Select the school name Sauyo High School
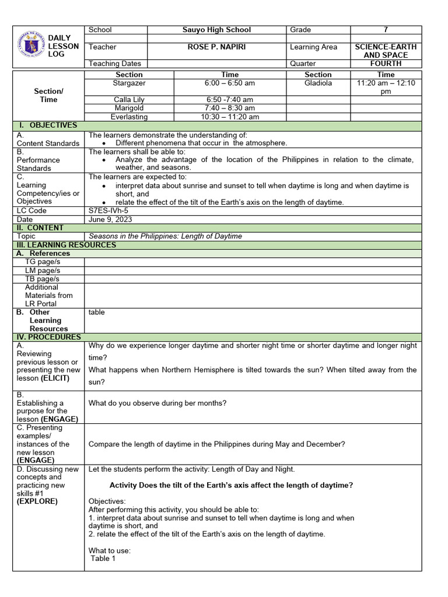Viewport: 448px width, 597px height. pos(217,30)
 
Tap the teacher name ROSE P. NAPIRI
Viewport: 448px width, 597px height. pos(217,47)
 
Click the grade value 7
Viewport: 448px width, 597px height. pos(385,30)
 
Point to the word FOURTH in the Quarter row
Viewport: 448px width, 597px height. pos(386,64)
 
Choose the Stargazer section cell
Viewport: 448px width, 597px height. pos(129,83)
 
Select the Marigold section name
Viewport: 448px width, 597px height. pos(129,108)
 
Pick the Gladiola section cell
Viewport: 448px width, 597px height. pos(318,83)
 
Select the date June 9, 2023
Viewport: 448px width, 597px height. pos(110,219)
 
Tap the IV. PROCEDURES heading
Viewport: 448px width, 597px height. pos(50,337)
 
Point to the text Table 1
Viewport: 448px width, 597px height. pos(103,559)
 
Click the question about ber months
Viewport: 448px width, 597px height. pos(157,403)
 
